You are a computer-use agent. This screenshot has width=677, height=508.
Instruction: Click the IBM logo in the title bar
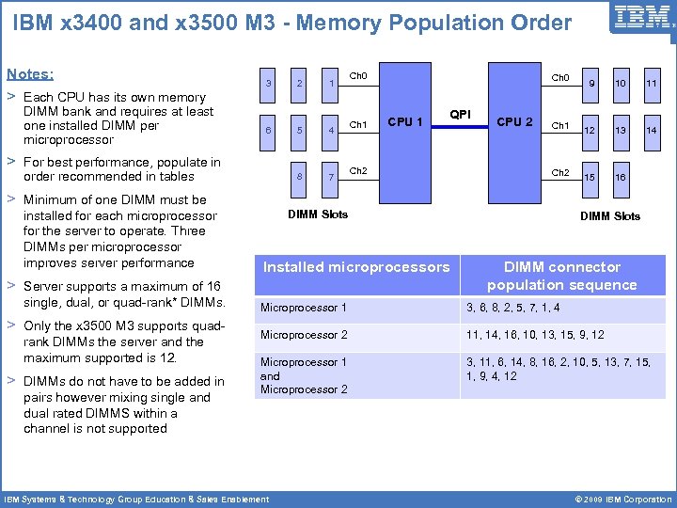coord(642,16)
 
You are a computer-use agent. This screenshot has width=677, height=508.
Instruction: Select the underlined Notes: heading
coord(30,73)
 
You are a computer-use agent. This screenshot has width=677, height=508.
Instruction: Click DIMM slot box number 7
coord(330,177)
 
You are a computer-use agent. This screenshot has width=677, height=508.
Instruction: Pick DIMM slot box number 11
coord(652,86)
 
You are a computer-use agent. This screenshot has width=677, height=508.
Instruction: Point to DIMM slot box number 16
coord(621,177)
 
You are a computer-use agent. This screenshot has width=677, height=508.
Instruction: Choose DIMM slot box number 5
coord(299,131)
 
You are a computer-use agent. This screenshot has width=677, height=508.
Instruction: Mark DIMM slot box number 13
coord(621,131)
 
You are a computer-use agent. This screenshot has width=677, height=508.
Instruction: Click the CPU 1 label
coord(405,121)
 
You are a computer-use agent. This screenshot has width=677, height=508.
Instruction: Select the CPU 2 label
coord(514,121)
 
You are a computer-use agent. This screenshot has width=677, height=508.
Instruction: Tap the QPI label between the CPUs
coord(460,113)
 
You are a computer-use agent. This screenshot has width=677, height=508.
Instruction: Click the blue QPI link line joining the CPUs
coord(460,124)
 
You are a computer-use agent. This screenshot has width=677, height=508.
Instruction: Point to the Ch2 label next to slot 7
coord(358,171)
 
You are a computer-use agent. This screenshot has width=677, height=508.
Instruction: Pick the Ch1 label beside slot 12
coord(559,125)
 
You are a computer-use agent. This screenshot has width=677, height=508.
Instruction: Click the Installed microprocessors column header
coord(356,267)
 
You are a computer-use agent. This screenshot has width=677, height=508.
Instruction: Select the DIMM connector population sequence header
coord(561,276)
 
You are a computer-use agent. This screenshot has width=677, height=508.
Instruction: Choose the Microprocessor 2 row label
coord(304,335)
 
